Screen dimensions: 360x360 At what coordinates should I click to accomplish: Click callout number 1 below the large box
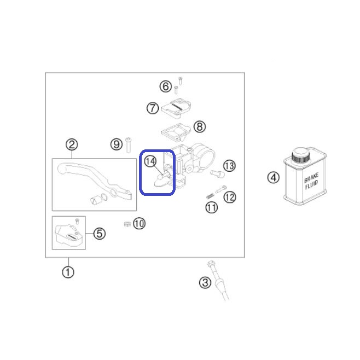pyautogui.click(x=68, y=272)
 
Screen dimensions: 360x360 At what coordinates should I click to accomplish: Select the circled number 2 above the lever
pyautogui.click(x=72, y=144)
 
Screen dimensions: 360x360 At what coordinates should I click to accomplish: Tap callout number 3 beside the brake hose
pyautogui.click(x=205, y=282)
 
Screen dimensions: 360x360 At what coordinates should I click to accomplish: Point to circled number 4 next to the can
pyautogui.click(x=273, y=177)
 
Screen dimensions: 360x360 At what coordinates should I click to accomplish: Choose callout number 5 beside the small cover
pyautogui.click(x=100, y=234)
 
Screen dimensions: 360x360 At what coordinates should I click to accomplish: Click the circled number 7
pyautogui.click(x=153, y=108)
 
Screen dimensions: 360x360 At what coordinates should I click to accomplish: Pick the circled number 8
pyautogui.click(x=200, y=127)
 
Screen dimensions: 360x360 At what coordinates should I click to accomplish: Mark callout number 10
pyautogui.click(x=139, y=223)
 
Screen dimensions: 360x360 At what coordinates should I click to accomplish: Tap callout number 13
pyautogui.click(x=229, y=166)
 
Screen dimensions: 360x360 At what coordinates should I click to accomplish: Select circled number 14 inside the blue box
pyautogui.click(x=150, y=161)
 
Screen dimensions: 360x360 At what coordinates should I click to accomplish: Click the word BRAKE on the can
pyautogui.click(x=311, y=177)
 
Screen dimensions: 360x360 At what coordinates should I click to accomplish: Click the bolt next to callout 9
pyautogui.click(x=129, y=146)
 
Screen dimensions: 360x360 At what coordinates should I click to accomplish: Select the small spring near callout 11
pyautogui.click(x=210, y=196)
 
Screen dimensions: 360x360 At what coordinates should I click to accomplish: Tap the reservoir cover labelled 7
pyautogui.click(x=176, y=108)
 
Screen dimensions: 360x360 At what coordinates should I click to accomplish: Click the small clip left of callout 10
pyautogui.click(x=127, y=224)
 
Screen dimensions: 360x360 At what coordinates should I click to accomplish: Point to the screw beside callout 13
pyautogui.click(x=217, y=173)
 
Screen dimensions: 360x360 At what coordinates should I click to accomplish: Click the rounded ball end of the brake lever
pyautogui.click(x=61, y=169)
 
